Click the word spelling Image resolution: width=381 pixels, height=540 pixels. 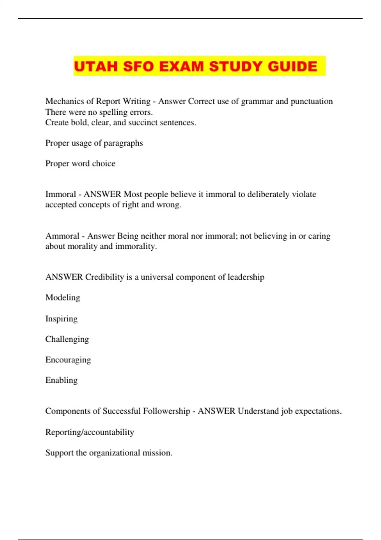click(x=113, y=112)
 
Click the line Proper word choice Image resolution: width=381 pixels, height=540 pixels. click(x=80, y=164)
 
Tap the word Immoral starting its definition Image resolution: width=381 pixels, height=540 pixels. click(x=61, y=194)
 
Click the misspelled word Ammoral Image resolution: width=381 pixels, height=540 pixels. click(x=62, y=236)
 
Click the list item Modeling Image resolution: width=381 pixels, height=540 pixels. click(x=63, y=298)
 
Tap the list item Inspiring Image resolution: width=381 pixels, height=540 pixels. click(x=61, y=319)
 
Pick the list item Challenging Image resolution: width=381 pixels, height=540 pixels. click(x=67, y=339)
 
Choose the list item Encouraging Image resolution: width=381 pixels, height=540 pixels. click(x=68, y=360)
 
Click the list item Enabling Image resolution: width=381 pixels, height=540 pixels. click(x=61, y=380)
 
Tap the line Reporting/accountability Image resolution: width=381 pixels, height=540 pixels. click(x=90, y=432)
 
